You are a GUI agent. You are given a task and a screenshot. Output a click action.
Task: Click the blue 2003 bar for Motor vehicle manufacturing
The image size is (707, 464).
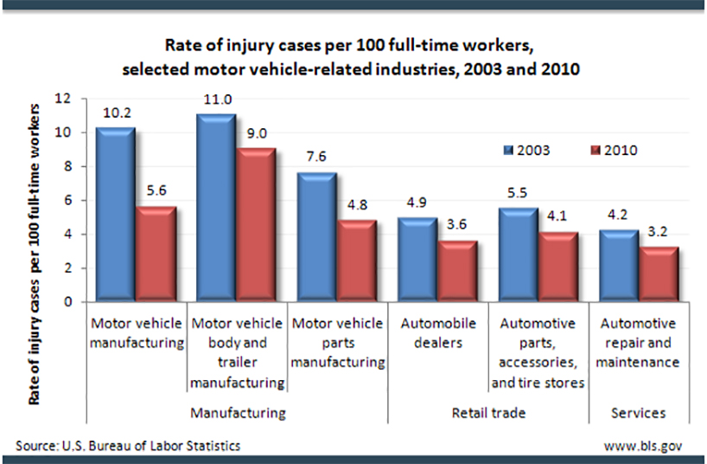pos(113,216)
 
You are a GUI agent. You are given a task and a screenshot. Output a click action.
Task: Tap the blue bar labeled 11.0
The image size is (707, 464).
pos(213,209)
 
